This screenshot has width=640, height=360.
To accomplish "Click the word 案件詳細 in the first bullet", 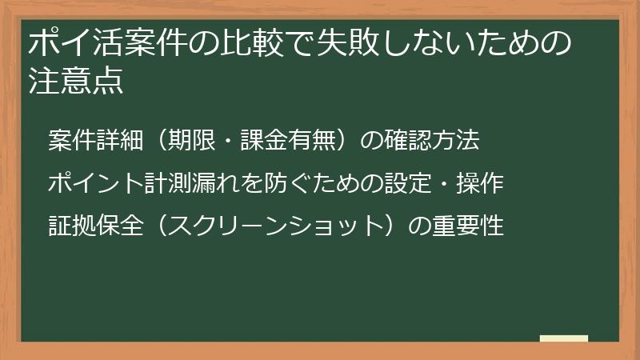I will pyautogui.click(x=96, y=141).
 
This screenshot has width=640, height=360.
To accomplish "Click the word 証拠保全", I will pyautogui.click(x=96, y=226).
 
